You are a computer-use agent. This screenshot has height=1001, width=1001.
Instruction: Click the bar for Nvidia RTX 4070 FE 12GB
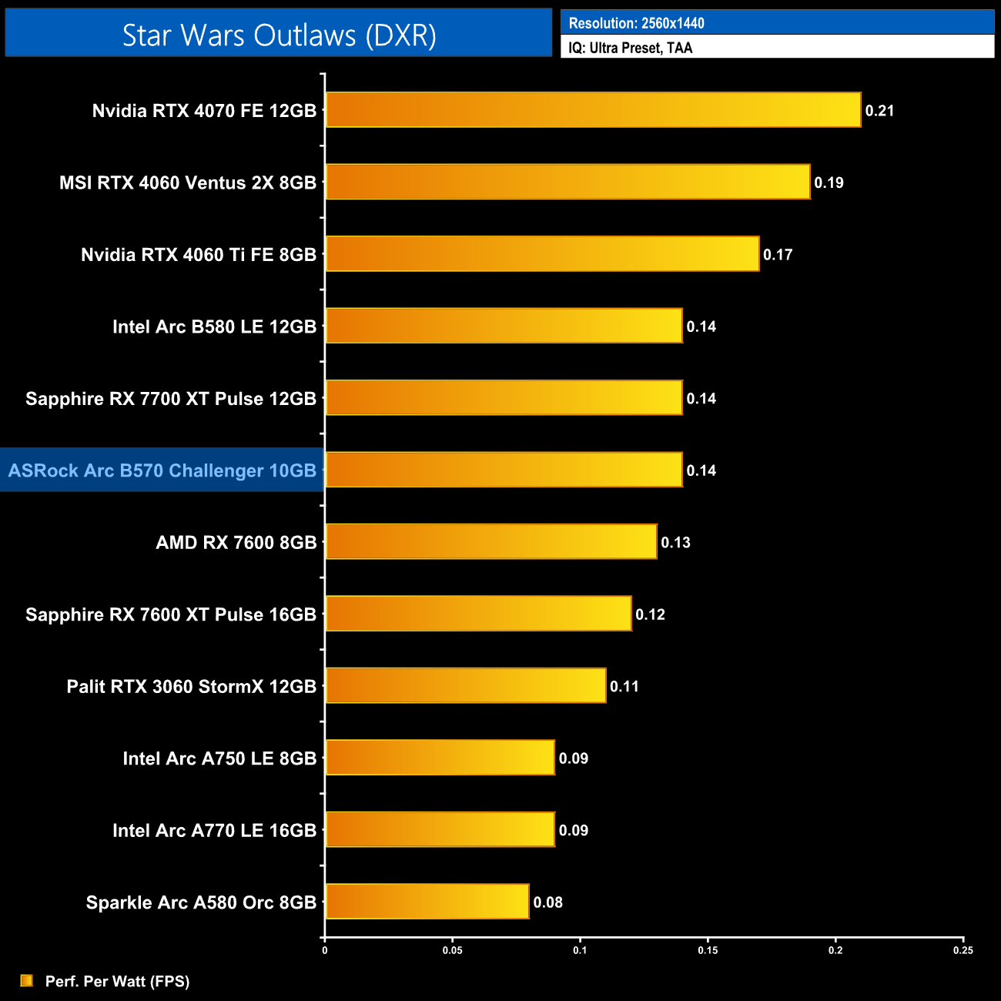(593, 110)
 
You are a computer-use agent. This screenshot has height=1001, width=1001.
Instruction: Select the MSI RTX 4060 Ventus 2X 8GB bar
(567, 182)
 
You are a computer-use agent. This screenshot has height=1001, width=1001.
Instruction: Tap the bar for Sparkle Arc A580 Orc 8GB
(427, 902)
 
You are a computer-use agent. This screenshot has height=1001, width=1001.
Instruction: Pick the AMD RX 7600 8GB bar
(491, 541)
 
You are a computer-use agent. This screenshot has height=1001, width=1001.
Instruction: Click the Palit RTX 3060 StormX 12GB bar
(466, 685)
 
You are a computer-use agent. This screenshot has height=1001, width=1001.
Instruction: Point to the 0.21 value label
(879, 111)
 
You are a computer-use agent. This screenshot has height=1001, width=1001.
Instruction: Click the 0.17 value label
(778, 255)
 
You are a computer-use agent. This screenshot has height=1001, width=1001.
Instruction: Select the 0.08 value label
(548, 902)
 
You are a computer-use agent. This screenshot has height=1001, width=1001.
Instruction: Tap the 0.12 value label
(650, 614)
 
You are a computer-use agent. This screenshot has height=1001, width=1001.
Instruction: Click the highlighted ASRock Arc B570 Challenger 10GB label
(162, 470)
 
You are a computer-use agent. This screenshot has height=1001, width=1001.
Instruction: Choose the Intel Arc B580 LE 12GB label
(214, 326)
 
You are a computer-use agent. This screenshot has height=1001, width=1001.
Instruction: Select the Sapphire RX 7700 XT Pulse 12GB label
(171, 399)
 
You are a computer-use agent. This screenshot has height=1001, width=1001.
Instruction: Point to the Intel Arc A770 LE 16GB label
(214, 830)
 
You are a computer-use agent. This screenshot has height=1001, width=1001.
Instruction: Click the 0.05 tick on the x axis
(452, 950)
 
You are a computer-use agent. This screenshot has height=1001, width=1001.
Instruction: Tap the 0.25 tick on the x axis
(962, 950)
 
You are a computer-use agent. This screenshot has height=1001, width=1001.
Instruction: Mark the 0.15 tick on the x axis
(708, 950)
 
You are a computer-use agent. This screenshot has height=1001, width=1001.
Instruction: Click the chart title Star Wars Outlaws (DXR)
(279, 35)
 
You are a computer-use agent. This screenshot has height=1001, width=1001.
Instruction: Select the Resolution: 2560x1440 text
(636, 23)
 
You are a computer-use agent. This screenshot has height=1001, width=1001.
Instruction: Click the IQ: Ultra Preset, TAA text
(631, 48)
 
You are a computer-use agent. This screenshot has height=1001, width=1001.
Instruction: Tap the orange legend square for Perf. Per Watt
(27, 980)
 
